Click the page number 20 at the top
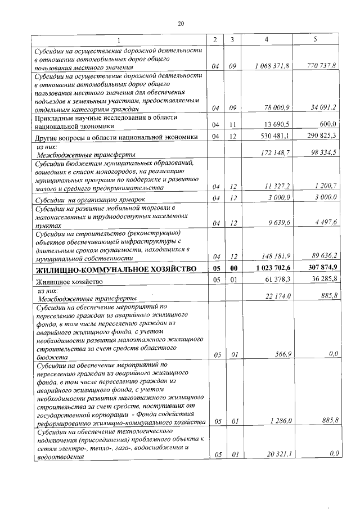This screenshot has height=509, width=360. point(181,24)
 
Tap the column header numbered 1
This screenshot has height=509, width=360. point(118,39)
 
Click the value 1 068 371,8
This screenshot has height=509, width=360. point(272,66)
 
